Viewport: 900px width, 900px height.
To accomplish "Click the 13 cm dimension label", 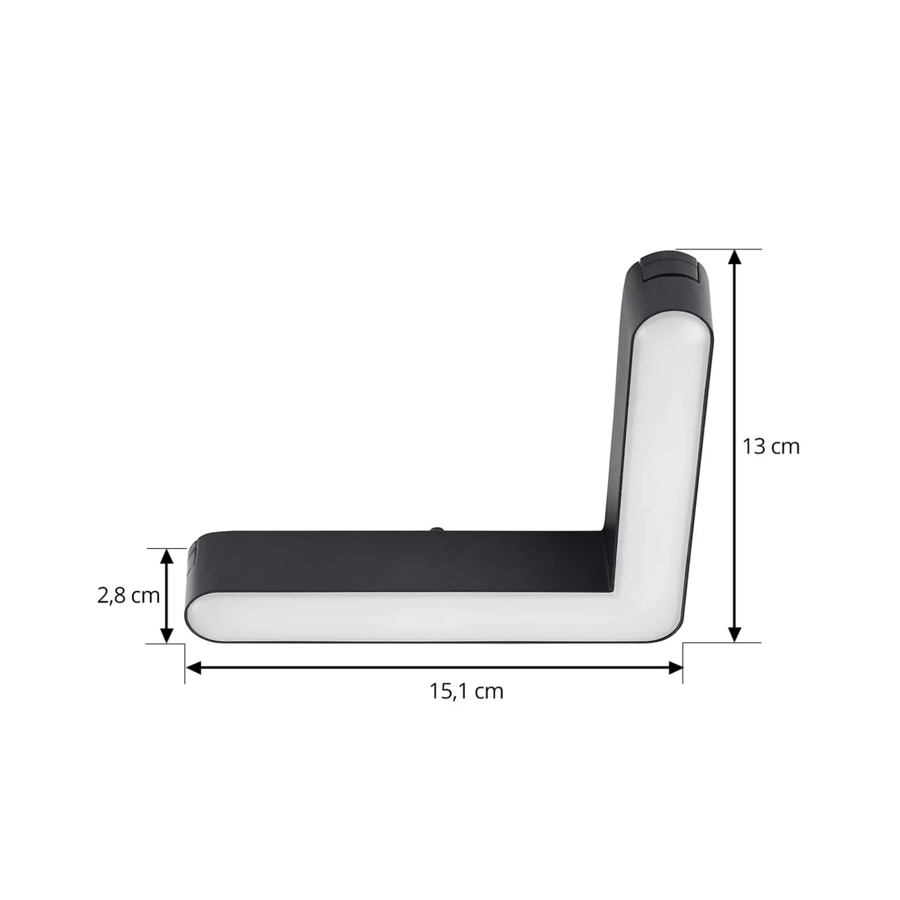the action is pos(771,447).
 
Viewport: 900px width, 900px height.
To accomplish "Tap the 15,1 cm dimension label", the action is pos(466,691).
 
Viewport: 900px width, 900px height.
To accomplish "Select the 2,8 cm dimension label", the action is pos(128,595).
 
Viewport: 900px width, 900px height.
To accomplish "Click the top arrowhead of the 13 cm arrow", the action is pos(734,257).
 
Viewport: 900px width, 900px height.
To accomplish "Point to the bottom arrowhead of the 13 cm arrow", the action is pos(734,634).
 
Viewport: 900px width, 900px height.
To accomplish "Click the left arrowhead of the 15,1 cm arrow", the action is pos(193,668).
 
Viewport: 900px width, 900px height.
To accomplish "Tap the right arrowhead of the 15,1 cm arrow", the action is pos(675,668).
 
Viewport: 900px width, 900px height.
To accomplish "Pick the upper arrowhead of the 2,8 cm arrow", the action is pos(166,556).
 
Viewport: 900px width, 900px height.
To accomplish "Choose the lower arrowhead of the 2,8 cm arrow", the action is pos(166,634).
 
